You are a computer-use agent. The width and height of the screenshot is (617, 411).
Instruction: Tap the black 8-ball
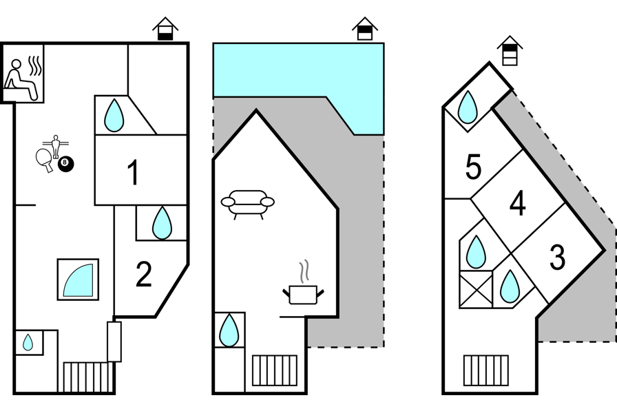tap(66, 164)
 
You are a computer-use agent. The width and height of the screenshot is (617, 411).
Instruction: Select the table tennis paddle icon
tap(45, 159)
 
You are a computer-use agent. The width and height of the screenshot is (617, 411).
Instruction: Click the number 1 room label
tap(134, 173)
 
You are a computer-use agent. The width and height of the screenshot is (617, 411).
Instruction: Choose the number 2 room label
tap(143, 275)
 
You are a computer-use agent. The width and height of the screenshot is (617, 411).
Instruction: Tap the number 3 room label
tap(557, 257)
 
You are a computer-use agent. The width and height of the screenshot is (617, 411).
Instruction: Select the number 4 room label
tap(518, 204)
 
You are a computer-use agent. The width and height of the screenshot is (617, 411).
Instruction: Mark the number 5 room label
tap(473, 167)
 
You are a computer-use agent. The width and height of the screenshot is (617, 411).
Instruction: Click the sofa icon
tap(247, 202)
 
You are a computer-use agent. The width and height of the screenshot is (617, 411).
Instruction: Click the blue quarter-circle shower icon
tap(78, 280)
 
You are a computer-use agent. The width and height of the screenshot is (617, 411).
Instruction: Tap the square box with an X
tap(476, 289)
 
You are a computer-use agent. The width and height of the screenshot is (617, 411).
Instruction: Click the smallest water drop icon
tap(28, 342)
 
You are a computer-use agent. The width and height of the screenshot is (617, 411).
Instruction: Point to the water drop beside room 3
tap(510, 286)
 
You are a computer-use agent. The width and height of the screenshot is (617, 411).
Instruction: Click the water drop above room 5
tap(468, 107)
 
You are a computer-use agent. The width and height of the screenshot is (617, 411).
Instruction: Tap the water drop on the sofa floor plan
tap(229, 330)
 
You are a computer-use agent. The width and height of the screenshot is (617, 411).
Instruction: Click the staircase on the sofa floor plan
tap(275, 370)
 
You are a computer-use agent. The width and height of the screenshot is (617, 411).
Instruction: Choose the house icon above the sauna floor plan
tap(165, 29)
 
